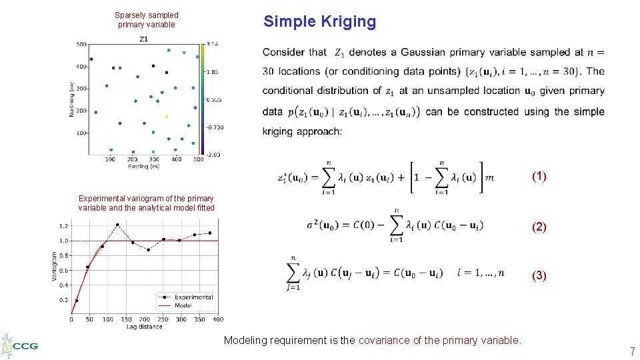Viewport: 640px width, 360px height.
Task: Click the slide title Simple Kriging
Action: click(x=319, y=21)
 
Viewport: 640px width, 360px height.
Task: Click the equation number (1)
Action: click(x=539, y=177)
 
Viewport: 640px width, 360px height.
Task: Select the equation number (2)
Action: click(x=539, y=227)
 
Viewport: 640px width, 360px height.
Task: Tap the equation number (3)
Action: click(x=539, y=275)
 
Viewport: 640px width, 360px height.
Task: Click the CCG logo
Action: click(x=21, y=346)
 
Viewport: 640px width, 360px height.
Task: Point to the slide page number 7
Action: click(x=632, y=351)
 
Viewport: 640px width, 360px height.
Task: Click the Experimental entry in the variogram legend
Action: click(x=193, y=297)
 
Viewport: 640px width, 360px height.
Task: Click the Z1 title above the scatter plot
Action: click(x=144, y=39)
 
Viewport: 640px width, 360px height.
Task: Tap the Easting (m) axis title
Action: click(x=144, y=166)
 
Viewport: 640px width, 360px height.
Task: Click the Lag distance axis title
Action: click(x=145, y=327)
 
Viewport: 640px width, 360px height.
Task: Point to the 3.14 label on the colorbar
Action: click(x=213, y=44)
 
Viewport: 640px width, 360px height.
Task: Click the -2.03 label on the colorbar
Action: click(x=213, y=155)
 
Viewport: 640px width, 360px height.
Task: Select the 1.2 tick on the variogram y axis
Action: click(x=63, y=226)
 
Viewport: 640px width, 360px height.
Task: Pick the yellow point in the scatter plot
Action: click(x=167, y=116)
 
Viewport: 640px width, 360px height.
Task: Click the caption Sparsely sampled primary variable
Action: click(x=147, y=19)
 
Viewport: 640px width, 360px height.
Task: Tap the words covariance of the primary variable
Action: click(x=439, y=341)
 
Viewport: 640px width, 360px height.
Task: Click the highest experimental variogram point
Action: click(x=117, y=225)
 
